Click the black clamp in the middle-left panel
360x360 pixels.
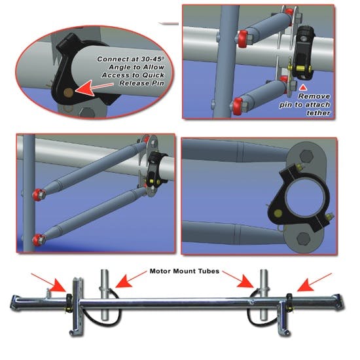coord(156,169)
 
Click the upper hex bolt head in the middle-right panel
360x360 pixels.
coord(298,159)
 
